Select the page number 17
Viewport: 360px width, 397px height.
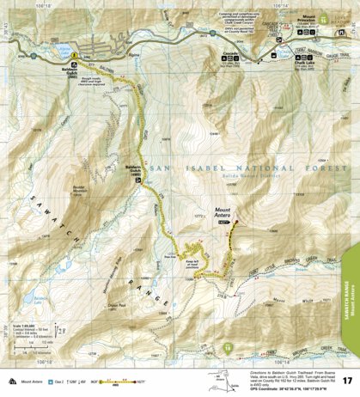(346, 380)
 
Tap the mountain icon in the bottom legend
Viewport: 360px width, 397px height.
(11, 379)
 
